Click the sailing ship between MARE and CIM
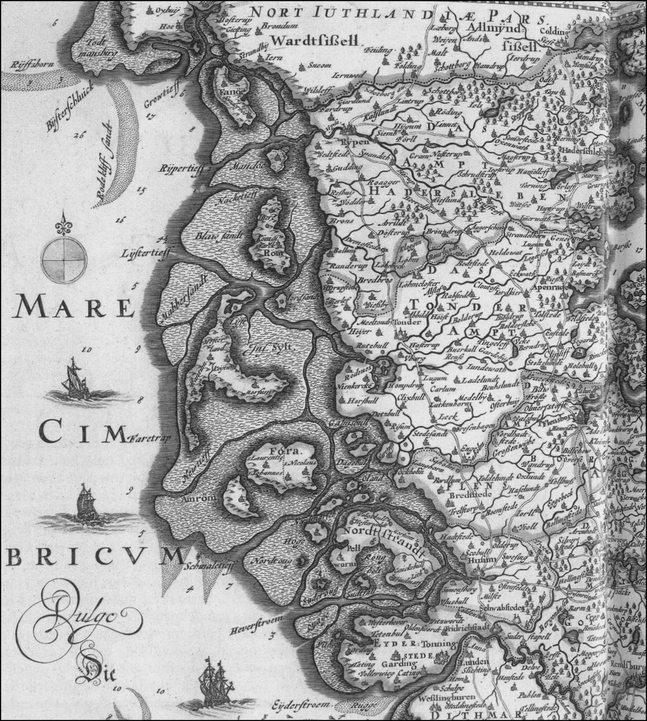coord(75,379)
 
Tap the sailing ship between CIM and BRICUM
coord(85,502)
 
